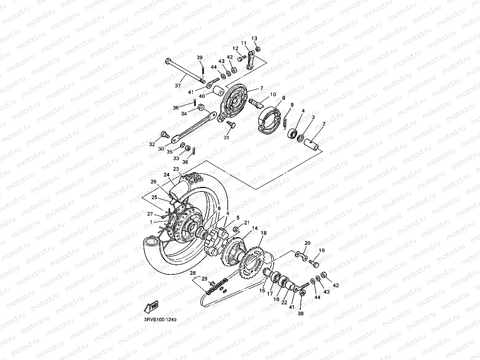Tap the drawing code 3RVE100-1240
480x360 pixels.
coord(160,320)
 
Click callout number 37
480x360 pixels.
coord(177,86)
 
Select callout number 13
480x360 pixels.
coord(254,38)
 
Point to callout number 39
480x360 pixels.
coord(200,58)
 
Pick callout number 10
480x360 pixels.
coord(273,94)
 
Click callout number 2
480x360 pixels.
coord(324,124)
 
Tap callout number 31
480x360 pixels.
coord(226,138)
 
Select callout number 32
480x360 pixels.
coord(152,144)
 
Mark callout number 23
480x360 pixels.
coord(176,169)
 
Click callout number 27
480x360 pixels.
coord(150,214)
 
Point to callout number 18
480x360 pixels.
coord(263,233)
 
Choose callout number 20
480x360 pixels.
coord(307,243)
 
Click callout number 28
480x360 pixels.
coord(192,273)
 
